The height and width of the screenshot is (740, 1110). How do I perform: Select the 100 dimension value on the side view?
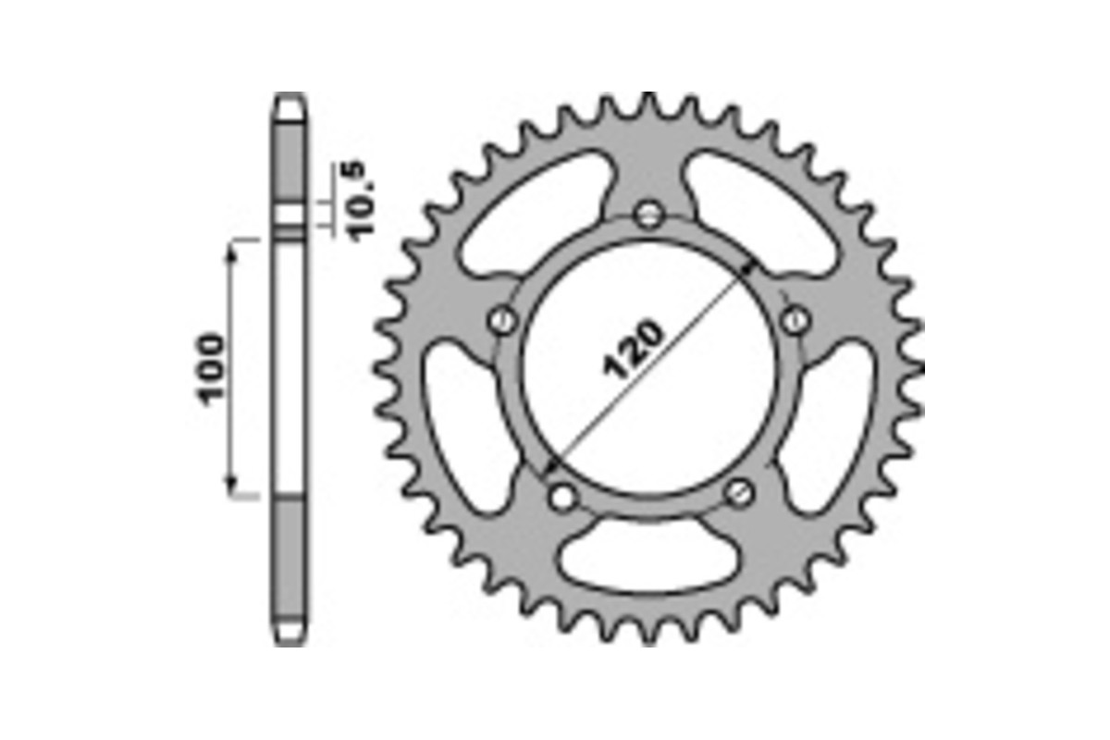pos(210,368)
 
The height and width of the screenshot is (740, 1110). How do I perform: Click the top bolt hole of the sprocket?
pos(651,216)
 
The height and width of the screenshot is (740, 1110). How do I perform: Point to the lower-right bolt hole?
pos(739,493)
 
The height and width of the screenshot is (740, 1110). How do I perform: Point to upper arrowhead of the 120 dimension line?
pos(751,269)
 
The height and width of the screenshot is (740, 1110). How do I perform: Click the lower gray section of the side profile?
pos(290,564)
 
